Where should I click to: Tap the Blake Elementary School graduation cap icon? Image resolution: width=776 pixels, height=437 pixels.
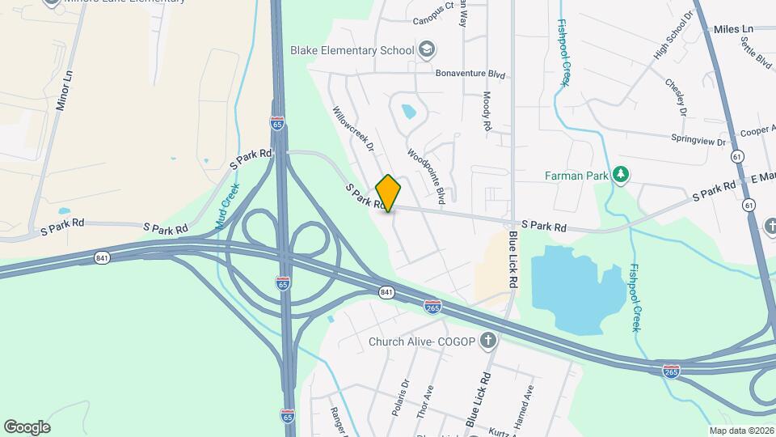click(x=425, y=50)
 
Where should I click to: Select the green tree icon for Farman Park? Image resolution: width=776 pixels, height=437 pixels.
click(x=621, y=174)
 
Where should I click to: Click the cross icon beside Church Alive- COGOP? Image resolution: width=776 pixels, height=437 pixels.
click(x=487, y=342)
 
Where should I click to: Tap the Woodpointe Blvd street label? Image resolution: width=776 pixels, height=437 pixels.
click(x=426, y=175)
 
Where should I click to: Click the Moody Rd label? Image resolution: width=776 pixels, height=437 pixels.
click(x=487, y=111)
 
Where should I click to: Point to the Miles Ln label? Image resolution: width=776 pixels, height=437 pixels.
click(x=733, y=29)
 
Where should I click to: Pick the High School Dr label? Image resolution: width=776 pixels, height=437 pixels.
click(x=674, y=35)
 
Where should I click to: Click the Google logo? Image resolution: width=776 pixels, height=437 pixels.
click(x=27, y=426)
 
